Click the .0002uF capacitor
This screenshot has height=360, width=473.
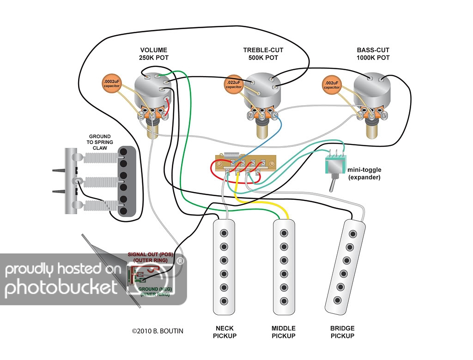[x=112, y=84]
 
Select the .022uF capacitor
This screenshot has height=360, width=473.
[x=234, y=84]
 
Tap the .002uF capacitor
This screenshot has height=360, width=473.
[x=331, y=84]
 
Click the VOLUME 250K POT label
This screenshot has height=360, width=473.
[x=154, y=54]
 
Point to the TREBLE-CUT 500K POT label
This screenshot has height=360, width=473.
[x=263, y=54]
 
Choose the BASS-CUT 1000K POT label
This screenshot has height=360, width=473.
[x=373, y=54]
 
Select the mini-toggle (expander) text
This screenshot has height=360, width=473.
[x=364, y=173]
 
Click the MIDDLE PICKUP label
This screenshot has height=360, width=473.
[x=284, y=332]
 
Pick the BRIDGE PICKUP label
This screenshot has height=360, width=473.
[x=342, y=332]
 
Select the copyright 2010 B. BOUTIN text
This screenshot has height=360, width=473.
[x=158, y=331]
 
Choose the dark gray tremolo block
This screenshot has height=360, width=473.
[x=125, y=181]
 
